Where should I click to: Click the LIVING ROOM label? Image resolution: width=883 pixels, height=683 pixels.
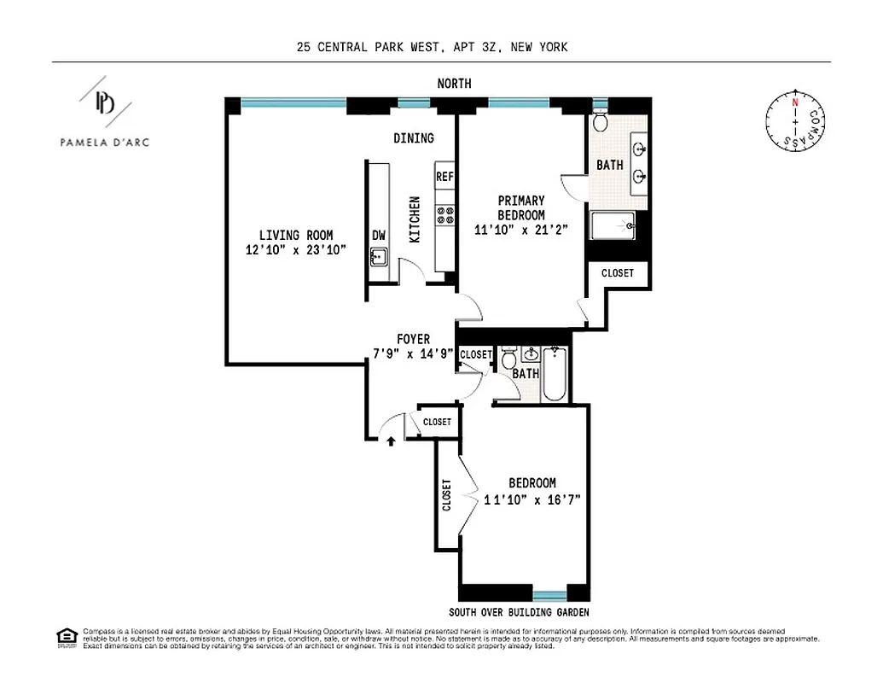296,236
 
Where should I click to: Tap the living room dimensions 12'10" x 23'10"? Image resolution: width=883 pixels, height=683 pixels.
295,250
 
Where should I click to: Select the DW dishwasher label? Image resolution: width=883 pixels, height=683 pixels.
379,236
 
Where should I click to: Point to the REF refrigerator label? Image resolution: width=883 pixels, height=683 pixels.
444,177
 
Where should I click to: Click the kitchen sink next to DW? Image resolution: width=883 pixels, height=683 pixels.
379,255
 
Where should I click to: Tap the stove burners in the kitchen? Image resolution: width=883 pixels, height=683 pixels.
444,216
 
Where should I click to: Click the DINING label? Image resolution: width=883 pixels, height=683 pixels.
413,138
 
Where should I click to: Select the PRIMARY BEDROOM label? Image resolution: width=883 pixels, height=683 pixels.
521,207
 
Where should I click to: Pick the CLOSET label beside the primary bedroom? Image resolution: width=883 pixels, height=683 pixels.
618,273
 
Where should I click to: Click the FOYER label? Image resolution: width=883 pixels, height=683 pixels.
413,339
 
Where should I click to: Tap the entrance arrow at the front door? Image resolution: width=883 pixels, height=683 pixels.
391,441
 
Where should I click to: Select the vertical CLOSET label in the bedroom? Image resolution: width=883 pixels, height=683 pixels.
447,494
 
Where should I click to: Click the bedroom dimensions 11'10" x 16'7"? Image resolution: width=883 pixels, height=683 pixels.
532,500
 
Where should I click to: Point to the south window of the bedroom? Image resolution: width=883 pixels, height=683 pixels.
549,594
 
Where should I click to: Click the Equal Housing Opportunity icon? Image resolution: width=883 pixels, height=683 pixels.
65,636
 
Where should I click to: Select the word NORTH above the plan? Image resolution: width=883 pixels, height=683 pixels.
454,84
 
